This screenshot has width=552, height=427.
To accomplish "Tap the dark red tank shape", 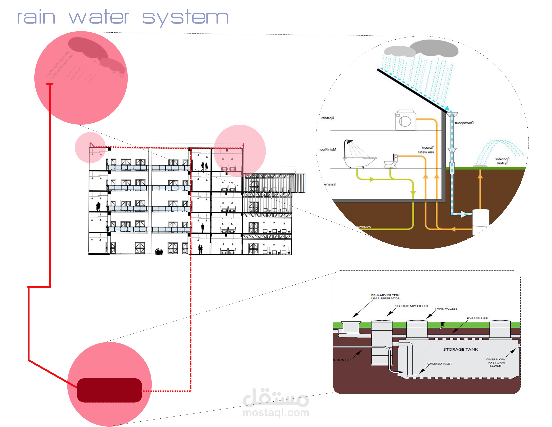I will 109,390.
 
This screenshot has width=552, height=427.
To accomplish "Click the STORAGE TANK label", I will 460,349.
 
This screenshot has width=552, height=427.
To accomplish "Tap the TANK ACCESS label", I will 446,309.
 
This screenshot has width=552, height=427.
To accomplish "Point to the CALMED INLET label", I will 440,363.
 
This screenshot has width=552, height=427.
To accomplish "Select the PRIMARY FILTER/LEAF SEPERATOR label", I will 385,297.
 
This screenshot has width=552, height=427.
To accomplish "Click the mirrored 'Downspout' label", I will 464,123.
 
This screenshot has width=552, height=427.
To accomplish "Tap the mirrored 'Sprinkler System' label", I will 502,161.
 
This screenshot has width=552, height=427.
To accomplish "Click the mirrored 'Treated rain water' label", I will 426,150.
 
